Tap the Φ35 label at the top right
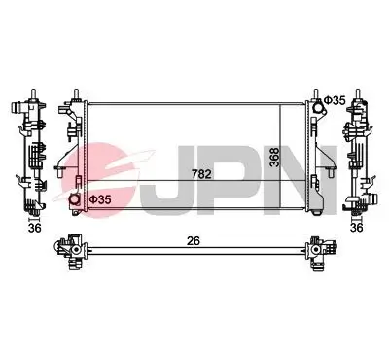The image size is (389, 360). [334, 100]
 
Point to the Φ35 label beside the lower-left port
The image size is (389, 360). [100, 199]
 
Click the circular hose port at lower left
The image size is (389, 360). [76, 200]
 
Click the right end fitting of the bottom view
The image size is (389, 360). [317, 251]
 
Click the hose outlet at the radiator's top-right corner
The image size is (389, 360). [317, 100]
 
